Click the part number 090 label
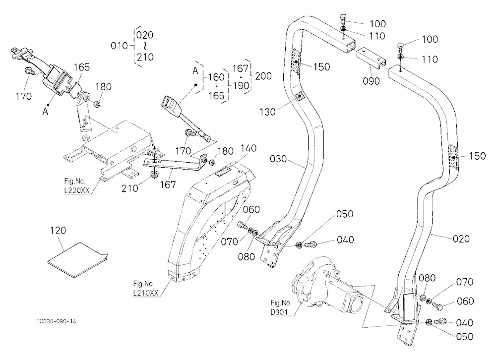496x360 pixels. click(x=371, y=81)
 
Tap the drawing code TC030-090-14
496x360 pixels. click(x=56, y=321)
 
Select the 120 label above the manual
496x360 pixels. click(x=58, y=230)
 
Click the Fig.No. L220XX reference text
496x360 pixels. click(x=77, y=185)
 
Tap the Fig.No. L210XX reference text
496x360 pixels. click(x=145, y=288)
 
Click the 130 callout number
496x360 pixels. click(x=268, y=112)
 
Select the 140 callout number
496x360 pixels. click(x=248, y=148)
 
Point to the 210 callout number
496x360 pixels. click(x=129, y=188)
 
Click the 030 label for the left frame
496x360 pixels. click(x=278, y=159)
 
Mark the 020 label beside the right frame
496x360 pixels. click(x=461, y=239)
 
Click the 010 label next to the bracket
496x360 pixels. click(x=119, y=46)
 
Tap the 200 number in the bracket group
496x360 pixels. click(x=263, y=76)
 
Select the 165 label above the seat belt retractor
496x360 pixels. click(x=82, y=67)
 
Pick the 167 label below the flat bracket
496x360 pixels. click(x=168, y=184)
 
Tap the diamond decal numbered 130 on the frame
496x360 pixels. click(x=299, y=96)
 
